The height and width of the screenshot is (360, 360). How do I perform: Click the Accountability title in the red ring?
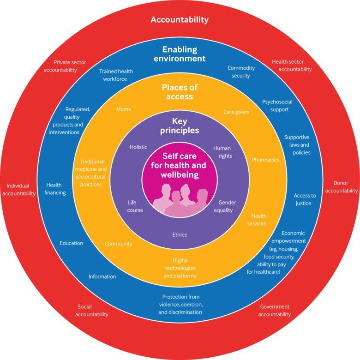click(x=180, y=20)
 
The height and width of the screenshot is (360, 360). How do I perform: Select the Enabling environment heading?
click(x=180, y=54)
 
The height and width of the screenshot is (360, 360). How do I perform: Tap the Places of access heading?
click(x=180, y=91)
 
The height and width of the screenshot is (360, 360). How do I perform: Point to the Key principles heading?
click(x=180, y=126)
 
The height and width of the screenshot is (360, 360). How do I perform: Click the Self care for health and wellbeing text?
click(x=180, y=166)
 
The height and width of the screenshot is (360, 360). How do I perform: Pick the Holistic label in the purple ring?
click(x=138, y=147)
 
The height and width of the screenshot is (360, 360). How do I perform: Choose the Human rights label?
click(x=222, y=152)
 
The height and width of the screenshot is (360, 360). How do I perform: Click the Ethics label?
click(x=180, y=234)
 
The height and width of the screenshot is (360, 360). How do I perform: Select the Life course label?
click(x=135, y=206)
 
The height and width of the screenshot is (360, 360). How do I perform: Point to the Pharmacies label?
click(x=265, y=160)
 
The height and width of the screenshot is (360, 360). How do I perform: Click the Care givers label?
click(x=236, y=112)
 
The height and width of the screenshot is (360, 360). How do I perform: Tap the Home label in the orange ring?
click(x=124, y=109)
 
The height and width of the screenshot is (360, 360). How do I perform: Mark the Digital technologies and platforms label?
click(x=180, y=268)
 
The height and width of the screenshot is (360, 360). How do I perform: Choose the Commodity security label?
click(x=241, y=72)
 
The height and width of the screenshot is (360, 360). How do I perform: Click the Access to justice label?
click(x=305, y=199)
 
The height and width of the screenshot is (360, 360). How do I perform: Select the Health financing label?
click(x=55, y=189)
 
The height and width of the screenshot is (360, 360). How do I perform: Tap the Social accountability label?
click(x=93, y=310)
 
